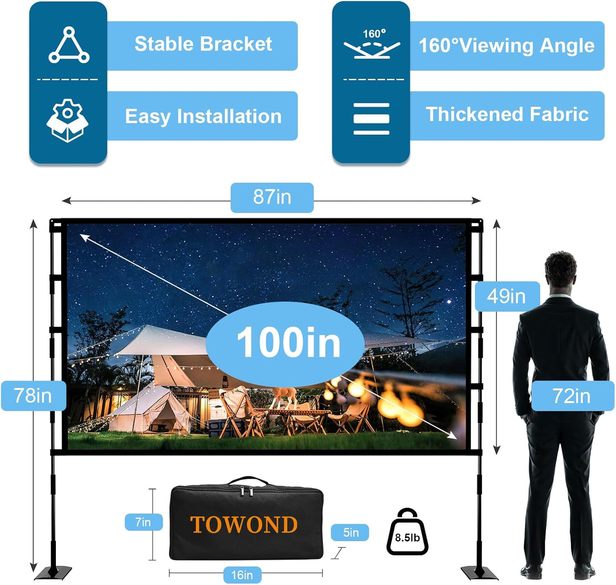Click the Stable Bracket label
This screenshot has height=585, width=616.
[203, 44]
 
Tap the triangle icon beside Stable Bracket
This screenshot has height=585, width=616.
[69, 45]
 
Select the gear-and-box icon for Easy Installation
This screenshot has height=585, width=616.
[67, 120]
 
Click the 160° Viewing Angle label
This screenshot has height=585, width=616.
[506, 46]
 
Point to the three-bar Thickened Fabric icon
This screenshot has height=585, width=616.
[371, 119]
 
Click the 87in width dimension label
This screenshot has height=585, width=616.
[272, 197]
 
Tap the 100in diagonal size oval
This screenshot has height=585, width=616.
[286, 343]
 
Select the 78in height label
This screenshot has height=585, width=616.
[33, 396]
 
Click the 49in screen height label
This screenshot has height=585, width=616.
[507, 296]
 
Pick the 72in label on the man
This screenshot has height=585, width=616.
[572, 396]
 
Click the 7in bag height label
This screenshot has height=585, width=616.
[143, 522]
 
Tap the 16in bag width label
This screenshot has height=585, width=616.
[242, 575]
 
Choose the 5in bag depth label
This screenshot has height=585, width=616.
[350, 533]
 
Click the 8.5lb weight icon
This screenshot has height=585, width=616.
[407, 533]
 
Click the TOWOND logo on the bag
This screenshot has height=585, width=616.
[244, 524]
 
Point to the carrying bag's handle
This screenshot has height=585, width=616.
[249, 482]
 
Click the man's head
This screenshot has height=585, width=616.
[560, 271]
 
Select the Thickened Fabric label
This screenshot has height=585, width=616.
[507, 115]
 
